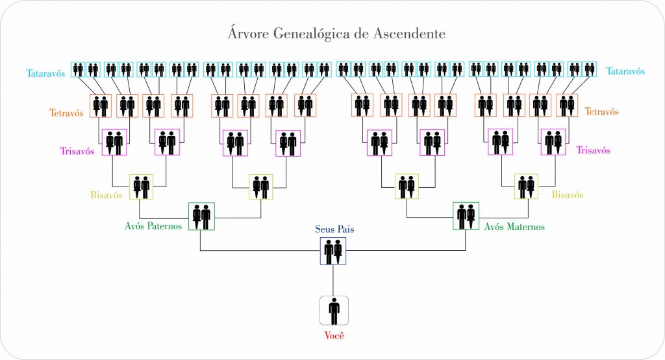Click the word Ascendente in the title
coord(408,32)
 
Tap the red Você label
coord(334,336)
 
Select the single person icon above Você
coord(334,311)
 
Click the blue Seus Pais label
coord(334,229)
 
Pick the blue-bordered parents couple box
coord(333,250)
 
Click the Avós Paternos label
coord(153,226)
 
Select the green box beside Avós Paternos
coord(201,216)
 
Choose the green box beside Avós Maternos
coord(466,216)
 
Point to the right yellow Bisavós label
coord(567,194)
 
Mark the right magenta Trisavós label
coord(593,150)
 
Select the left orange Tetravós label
coord(67,112)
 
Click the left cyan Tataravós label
coord(46,72)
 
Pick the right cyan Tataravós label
coord(625,71)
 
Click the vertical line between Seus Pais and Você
coord(333,280)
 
